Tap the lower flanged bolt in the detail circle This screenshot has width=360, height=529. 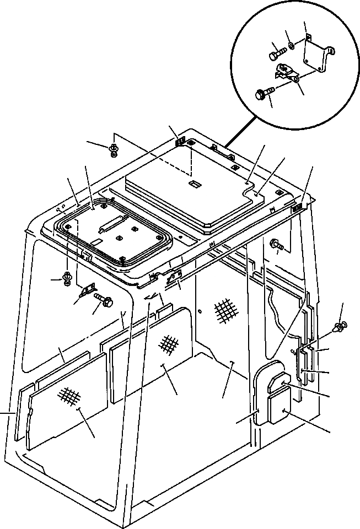pos(264,95)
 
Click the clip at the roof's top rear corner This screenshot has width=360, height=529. pos(181,142)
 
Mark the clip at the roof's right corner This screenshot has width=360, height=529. pos(296,207)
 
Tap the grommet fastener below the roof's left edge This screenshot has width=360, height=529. pos(67,278)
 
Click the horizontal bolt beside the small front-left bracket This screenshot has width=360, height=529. pos(105,301)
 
